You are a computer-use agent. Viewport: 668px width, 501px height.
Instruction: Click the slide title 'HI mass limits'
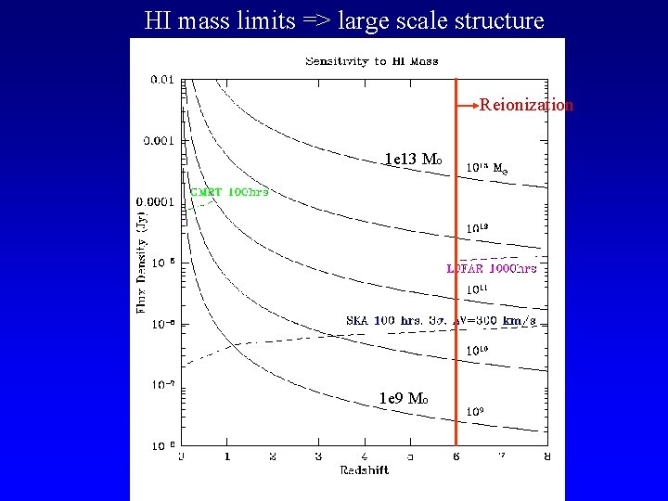tap(344, 19)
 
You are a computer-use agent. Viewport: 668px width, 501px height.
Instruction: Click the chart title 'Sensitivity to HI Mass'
tap(372, 61)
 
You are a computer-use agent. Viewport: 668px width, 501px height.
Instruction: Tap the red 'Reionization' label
tap(526, 105)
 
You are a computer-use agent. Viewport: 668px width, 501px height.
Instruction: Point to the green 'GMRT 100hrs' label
tap(229, 192)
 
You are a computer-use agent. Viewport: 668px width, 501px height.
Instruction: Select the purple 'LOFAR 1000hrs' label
tap(492, 268)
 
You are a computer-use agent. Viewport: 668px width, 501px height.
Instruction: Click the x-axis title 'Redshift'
tap(363, 470)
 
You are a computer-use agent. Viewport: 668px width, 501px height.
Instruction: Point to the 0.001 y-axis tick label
tap(158, 140)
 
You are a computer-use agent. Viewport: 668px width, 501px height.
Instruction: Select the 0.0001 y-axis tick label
tap(154, 201)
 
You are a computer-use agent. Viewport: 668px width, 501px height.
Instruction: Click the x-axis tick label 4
tap(364, 456)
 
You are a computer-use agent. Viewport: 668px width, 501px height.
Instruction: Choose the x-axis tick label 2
tap(273, 456)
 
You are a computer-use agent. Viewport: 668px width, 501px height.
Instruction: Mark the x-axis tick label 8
tap(546, 456)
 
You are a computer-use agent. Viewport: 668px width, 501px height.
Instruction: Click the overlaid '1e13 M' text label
tap(413, 159)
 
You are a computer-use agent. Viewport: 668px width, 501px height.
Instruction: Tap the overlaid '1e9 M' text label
tap(403, 398)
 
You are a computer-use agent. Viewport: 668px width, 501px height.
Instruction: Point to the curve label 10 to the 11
tap(477, 289)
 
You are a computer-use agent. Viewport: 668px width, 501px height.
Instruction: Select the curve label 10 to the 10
tap(477, 351)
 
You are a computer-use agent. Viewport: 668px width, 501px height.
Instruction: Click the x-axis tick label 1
tap(227, 456)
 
